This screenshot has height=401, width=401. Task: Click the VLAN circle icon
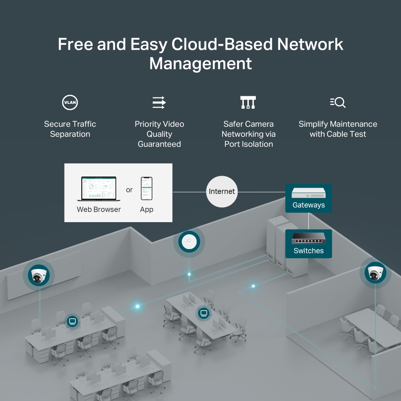click(70, 103)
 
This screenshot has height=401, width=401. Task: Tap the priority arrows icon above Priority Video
click(159, 103)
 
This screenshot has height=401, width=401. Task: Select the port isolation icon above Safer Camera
click(248, 103)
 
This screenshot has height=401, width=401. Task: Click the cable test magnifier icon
click(338, 103)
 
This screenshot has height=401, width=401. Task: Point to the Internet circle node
click(222, 192)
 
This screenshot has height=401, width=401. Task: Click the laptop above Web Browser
click(97, 189)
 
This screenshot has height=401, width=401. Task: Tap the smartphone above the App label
click(146, 188)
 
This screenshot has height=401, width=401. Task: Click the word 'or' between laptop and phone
click(129, 190)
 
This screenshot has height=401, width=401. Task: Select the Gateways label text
click(308, 205)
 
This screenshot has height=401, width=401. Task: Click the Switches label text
click(308, 251)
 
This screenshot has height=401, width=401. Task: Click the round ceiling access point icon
click(189, 242)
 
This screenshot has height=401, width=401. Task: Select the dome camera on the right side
click(375, 273)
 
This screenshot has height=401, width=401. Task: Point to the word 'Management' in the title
click(200, 64)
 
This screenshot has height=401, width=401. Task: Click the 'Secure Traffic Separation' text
click(70, 129)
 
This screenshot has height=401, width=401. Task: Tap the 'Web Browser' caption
click(99, 209)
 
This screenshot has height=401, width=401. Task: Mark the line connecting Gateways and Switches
click(308, 221)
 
